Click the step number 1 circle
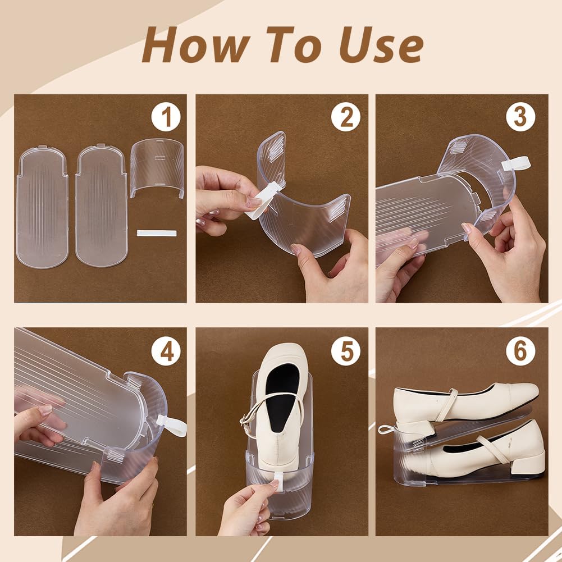[x=166, y=117]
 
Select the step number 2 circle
[x=345, y=117]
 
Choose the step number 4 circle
[x=166, y=351]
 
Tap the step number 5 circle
[x=345, y=351]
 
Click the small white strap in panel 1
[x=157, y=233]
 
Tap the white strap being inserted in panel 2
[x=262, y=201]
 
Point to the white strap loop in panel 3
[x=515, y=163]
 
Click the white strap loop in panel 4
[x=172, y=426]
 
